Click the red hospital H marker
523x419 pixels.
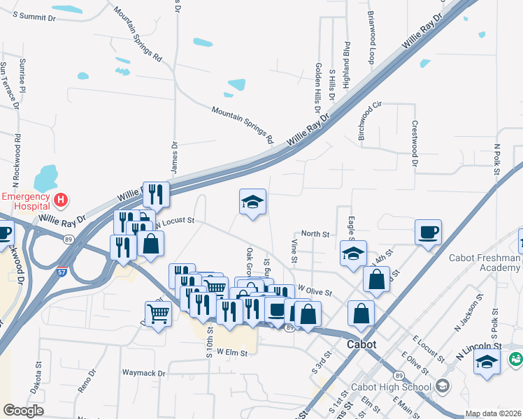point(61,200)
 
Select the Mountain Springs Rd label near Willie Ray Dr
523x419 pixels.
point(242,121)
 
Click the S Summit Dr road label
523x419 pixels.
point(34,15)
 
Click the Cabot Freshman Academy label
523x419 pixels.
point(485,263)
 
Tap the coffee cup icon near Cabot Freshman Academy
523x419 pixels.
point(428,232)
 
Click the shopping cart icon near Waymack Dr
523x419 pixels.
point(158,314)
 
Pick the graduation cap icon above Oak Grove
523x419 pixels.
point(252,202)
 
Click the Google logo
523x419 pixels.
point(23,411)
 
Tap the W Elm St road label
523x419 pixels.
point(232,353)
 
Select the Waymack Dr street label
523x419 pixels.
point(143,374)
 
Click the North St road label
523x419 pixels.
point(315,235)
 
